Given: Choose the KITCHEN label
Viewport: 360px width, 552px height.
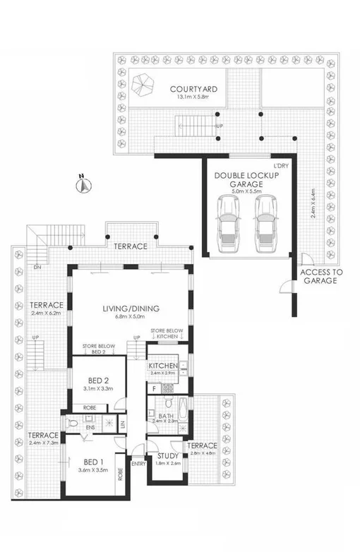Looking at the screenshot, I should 163,366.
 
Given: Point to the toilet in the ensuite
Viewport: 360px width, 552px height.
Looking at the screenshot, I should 73,424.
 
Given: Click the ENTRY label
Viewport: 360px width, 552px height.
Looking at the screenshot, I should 138,463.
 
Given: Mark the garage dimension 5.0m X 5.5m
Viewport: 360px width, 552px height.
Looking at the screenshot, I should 244,191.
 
